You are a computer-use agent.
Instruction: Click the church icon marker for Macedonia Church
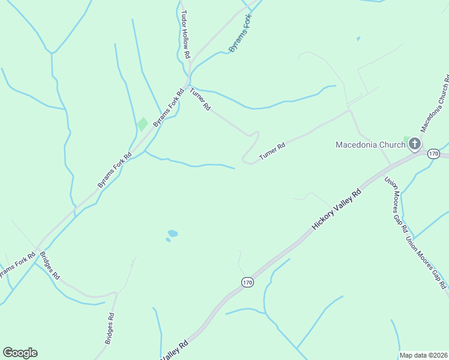click(x=414, y=144)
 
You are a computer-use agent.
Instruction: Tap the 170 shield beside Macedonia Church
click(x=434, y=154)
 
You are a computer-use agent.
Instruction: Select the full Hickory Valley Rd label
click(x=337, y=210)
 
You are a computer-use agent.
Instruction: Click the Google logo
click(x=20, y=353)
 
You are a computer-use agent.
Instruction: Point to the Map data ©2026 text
click(x=423, y=355)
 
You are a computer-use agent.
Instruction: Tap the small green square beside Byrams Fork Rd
click(x=142, y=124)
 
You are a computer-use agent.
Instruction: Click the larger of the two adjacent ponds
click(x=173, y=233)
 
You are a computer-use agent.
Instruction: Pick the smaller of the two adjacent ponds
click(x=168, y=240)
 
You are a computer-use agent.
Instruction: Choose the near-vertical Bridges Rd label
click(x=109, y=329)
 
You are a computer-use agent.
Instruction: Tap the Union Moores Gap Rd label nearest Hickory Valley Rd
click(x=396, y=205)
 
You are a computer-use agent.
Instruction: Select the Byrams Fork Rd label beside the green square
click(x=168, y=108)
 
